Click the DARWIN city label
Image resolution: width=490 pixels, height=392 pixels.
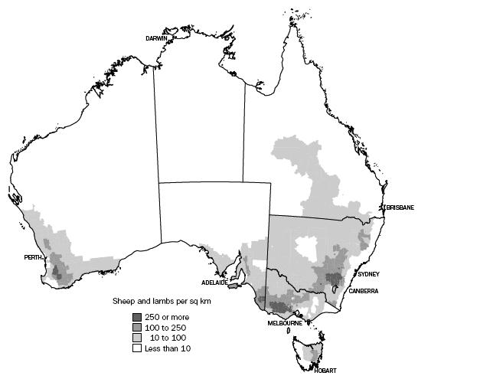click(158, 38)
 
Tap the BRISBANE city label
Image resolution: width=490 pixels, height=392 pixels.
click(400, 207)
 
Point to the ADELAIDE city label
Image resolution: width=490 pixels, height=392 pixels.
click(215, 282)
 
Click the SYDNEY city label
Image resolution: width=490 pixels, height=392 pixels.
click(368, 274)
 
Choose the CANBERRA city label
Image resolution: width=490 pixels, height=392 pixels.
click(363, 290)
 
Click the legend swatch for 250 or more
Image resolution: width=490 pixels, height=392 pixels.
click(137, 317)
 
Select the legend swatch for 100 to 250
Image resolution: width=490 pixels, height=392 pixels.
click(137, 328)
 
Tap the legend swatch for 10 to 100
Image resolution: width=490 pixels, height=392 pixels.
click(137, 338)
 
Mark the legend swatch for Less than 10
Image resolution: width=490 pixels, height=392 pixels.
click(137, 348)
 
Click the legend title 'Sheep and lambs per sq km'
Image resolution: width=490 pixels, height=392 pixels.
click(162, 302)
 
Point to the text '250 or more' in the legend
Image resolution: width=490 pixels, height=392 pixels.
click(166, 317)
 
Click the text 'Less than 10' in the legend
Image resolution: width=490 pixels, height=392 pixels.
click(168, 348)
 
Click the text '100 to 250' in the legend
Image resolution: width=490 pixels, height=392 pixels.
click(166, 328)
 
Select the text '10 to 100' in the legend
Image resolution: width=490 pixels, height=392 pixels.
click(169, 338)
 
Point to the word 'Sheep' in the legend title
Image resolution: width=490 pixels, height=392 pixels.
click(124, 302)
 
